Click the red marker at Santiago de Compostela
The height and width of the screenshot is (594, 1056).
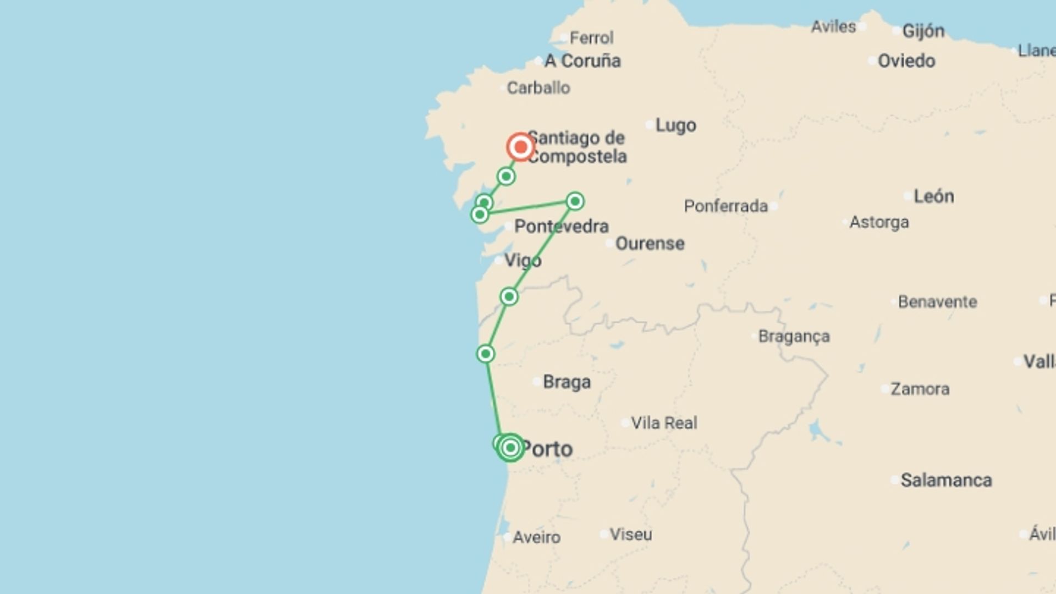pos(520,147)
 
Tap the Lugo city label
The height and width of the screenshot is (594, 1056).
pos(675,125)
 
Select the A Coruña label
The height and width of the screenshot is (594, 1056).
pos(582,61)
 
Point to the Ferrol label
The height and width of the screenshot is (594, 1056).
pos(591,38)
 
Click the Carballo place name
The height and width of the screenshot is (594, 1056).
pos(538,88)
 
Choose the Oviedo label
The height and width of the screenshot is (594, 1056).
pos(906,61)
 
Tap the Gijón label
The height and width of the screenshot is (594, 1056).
pos(923,31)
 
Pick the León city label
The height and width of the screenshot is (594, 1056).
pos(933,196)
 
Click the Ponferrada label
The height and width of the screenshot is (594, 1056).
pos(725,206)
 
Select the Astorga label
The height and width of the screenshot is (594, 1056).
pos(879,222)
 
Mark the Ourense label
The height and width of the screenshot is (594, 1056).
pos(650,243)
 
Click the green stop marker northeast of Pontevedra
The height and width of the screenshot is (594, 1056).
pos(575,201)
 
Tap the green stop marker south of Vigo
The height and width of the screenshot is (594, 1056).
pos(509,297)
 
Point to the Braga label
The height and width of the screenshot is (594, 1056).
pos(566,382)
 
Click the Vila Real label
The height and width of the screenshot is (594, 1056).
pos(664,423)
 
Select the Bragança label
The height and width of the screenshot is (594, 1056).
pos(794,336)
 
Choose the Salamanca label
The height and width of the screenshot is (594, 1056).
pos(946,480)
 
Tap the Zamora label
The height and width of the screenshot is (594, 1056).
pos(920,389)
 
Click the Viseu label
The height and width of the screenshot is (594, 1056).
pos(630,535)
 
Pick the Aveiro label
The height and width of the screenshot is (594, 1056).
pos(536,537)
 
